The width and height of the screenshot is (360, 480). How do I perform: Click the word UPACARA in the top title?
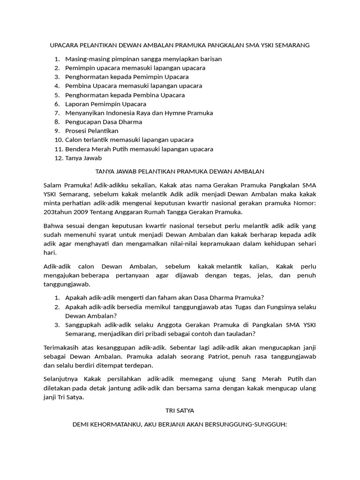click(64, 45)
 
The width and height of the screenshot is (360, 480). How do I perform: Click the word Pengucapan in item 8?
click(81, 122)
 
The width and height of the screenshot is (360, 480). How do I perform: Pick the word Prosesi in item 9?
click(76, 131)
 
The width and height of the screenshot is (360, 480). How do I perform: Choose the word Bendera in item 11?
click(77, 149)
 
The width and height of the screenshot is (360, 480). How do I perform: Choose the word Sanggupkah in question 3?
click(84, 325)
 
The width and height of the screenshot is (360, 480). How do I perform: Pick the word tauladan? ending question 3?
click(240, 334)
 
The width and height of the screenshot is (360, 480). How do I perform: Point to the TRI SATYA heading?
click(180, 411)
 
